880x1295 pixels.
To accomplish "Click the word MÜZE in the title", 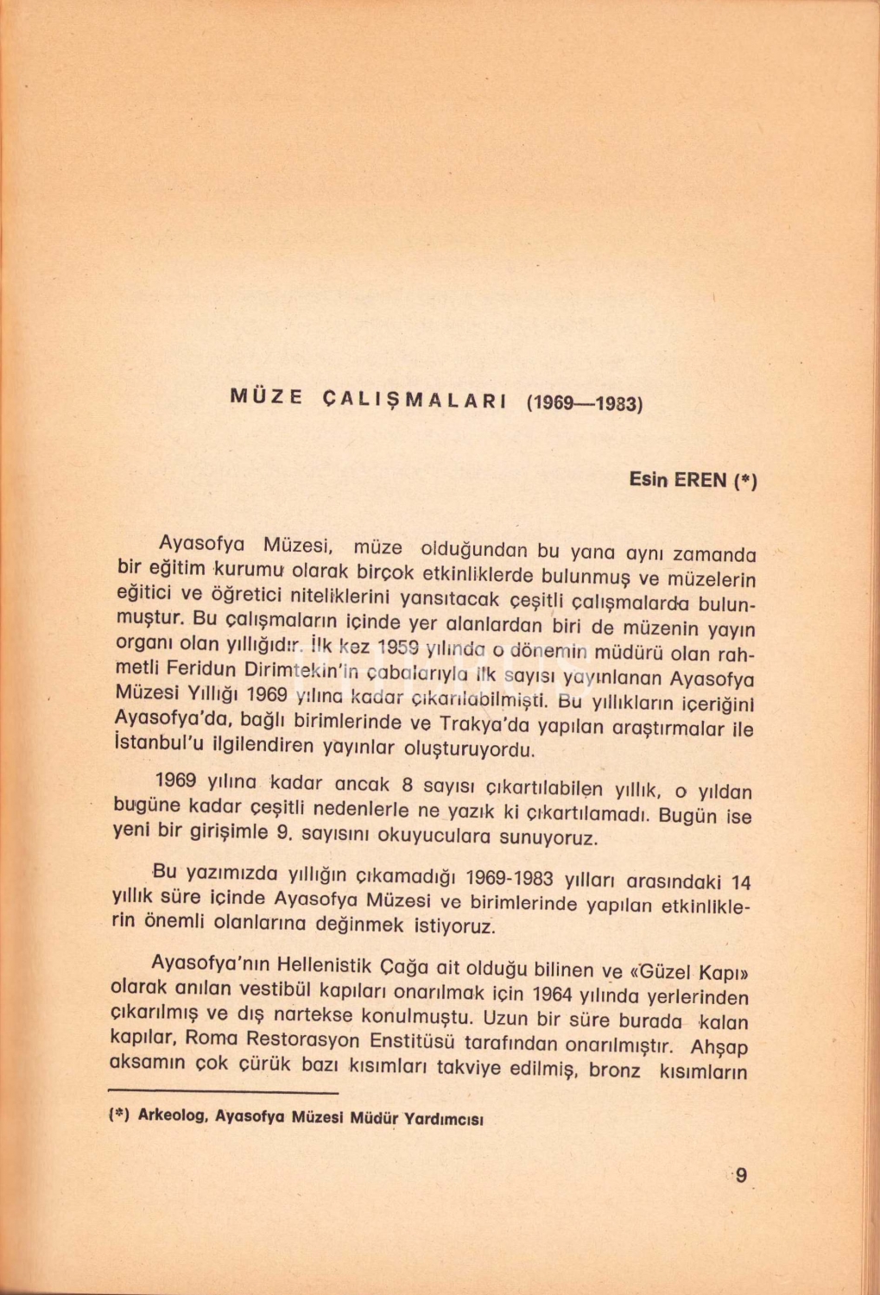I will click(267, 398).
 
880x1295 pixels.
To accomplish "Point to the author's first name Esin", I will click(649, 479).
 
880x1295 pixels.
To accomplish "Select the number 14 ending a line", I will click(740, 883).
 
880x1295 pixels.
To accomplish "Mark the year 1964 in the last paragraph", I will click(553, 993).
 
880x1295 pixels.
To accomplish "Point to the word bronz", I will click(614, 1071).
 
